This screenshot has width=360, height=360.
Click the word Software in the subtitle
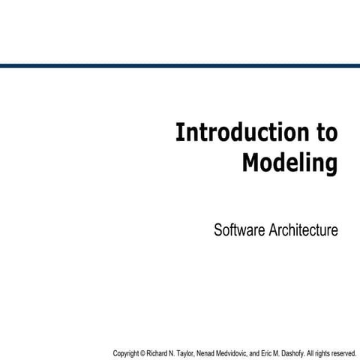[238, 229]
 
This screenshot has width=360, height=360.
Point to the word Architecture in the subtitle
[302, 229]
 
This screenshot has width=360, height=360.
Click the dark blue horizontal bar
[180, 66]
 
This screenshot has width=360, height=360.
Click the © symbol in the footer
[143, 352]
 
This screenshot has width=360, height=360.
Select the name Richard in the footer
[158, 352]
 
